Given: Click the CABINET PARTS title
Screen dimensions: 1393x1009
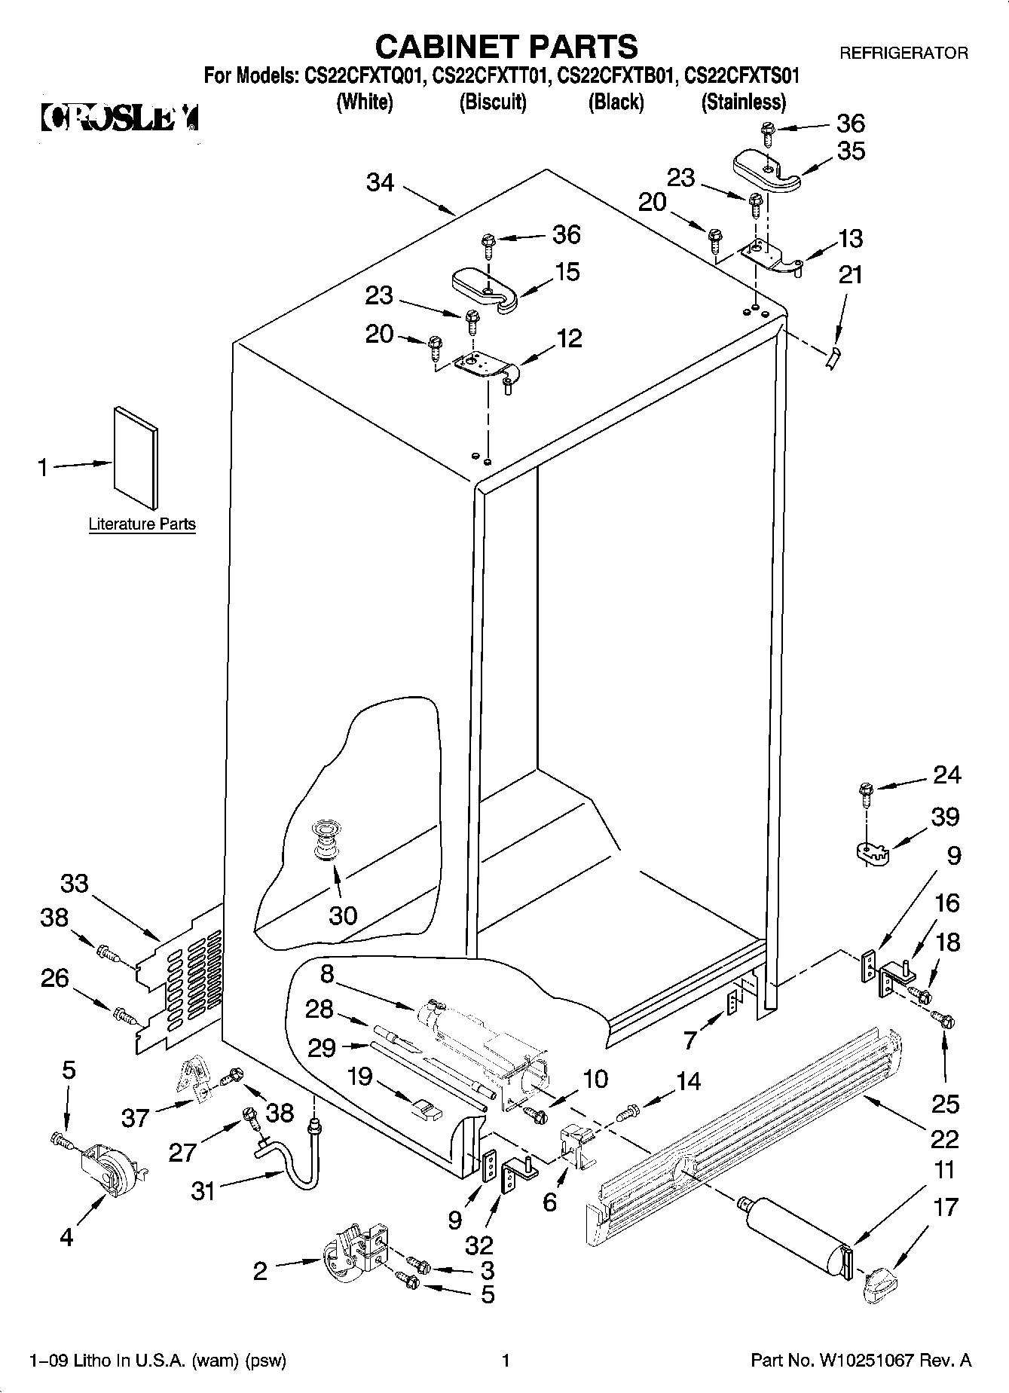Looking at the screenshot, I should (506, 47).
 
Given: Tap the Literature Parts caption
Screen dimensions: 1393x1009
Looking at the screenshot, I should (142, 524).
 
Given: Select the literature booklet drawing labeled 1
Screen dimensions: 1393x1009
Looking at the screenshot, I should (136, 457).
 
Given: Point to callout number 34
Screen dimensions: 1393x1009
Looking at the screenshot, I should (381, 182).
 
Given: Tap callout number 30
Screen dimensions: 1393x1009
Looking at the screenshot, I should (343, 915).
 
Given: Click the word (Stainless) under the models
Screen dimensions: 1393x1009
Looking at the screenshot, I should (743, 102).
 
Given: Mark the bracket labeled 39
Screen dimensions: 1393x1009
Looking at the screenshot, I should (873, 853).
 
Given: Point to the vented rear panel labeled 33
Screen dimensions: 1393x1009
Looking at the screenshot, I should (181, 979).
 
